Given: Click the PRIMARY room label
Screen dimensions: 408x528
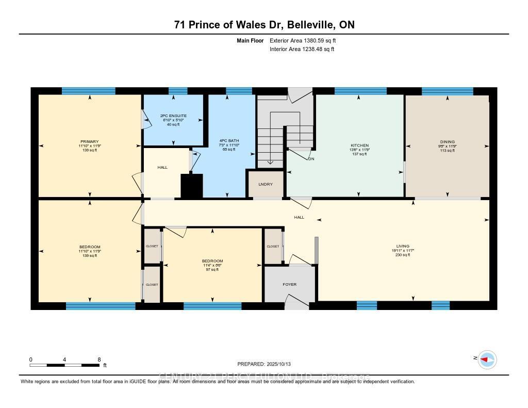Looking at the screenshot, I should pyautogui.click(x=89, y=141).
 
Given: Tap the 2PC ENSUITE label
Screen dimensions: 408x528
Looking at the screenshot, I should pyautogui.click(x=172, y=116).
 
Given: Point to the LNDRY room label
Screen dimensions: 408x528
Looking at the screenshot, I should pyautogui.click(x=266, y=184).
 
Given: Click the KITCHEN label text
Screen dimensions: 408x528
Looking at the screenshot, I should pyautogui.click(x=359, y=145).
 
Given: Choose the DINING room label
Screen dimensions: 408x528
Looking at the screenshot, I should pyautogui.click(x=447, y=142).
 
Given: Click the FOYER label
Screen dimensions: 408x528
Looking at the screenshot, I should pyautogui.click(x=289, y=284).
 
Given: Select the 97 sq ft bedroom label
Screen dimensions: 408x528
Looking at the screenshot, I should pyautogui.click(x=212, y=260).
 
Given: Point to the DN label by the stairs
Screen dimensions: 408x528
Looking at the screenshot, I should pyautogui.click(x=311, y=159).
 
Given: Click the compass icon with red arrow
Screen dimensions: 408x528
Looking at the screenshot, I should pyautogui.click(x=487, y=359).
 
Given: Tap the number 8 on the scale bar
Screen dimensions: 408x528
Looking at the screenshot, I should pyautogui.click(x=98, y=359).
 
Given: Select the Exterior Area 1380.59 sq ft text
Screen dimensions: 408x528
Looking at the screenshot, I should pyautogui.click(x=304, y=40).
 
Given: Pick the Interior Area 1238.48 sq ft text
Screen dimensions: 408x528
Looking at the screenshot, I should pyautogui.click(x=302, y=49).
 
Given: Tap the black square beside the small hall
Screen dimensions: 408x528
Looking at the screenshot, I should pyautogui.click(x=191, y=186).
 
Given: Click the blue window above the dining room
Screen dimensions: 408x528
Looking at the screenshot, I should pyautogui.click(x=447, y=91).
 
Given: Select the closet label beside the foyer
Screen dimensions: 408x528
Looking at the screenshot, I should pyautogui.click(x=273, y=247).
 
